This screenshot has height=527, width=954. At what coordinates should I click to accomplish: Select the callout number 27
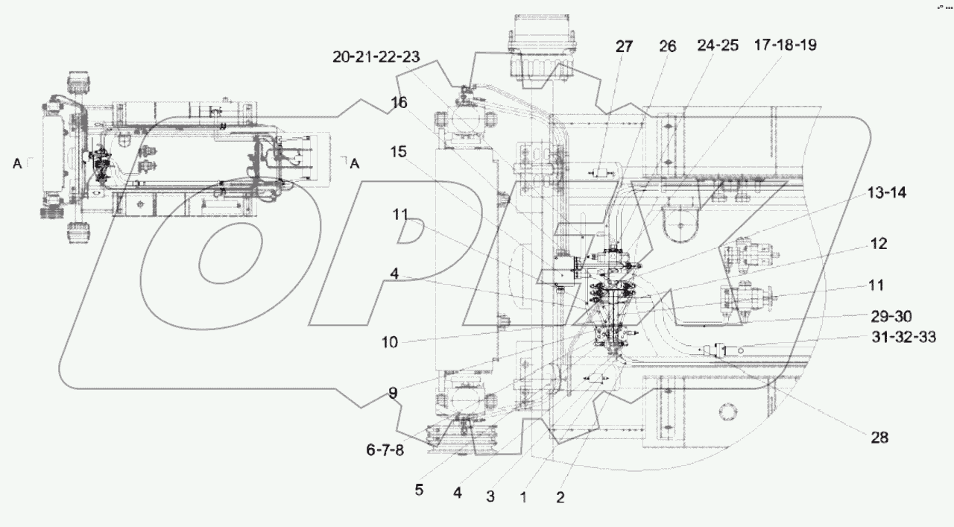624,46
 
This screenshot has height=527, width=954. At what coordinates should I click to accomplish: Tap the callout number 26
667,46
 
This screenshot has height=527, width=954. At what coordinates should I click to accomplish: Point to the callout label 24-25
718,46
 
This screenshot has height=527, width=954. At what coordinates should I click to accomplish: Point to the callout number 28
880,438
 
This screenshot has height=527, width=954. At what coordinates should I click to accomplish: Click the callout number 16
399,103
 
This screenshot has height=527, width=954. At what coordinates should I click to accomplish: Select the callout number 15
399,151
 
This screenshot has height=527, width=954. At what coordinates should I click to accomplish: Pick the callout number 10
391,343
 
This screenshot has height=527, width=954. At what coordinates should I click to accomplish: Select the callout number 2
560,497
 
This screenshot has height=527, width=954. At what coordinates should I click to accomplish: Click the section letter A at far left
17,164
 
